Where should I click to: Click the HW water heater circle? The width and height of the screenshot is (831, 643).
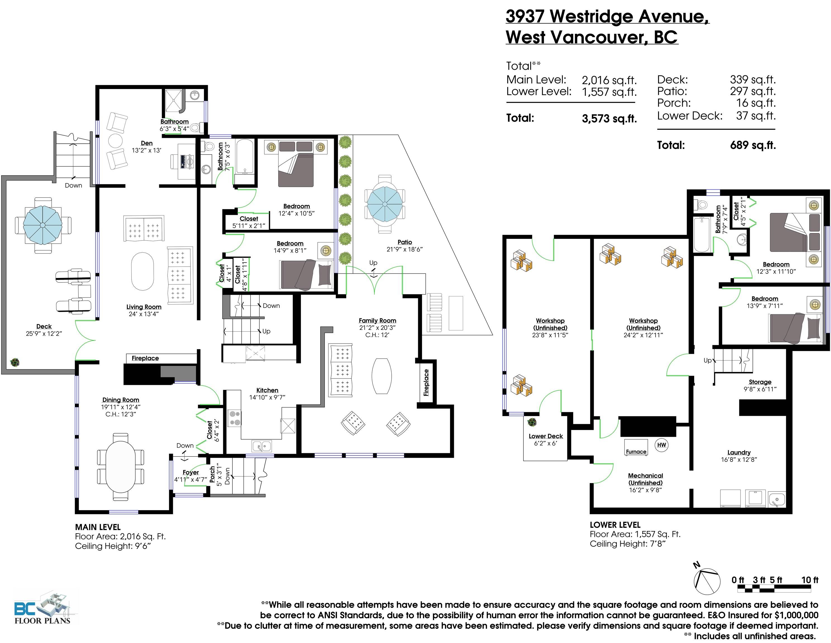[x=661, y=445]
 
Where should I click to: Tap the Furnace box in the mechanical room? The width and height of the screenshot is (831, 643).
[x=636, y=447]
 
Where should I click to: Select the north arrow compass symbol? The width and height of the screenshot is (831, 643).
[x=707, y=581]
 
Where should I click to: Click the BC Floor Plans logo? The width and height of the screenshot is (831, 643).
[x=43, y=608]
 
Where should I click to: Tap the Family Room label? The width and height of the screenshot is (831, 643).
[x=377, y=321]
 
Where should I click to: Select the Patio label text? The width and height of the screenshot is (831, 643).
[x=404, y=242]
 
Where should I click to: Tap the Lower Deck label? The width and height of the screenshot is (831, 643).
[x=545, y=436]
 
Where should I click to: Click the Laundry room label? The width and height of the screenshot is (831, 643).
[x=739, y=452]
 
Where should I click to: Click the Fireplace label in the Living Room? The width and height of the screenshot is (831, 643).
[x=145, y=358]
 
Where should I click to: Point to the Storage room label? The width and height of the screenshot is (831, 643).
[x=760, y=382]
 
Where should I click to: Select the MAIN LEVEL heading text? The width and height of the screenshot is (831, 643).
[x=98, y=527]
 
